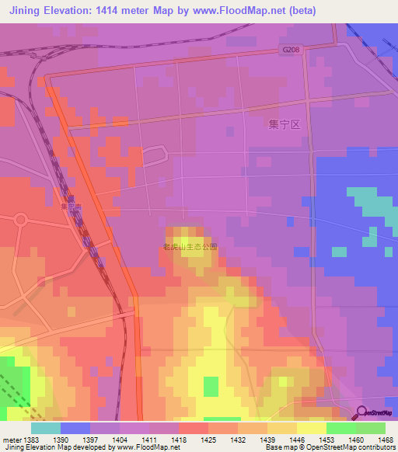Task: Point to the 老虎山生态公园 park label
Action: click(190, 247)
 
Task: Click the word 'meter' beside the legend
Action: click(10, 440)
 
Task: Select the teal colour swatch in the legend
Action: click(45, 428)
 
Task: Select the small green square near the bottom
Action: click(211, 387)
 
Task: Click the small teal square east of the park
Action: click(339, 252)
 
